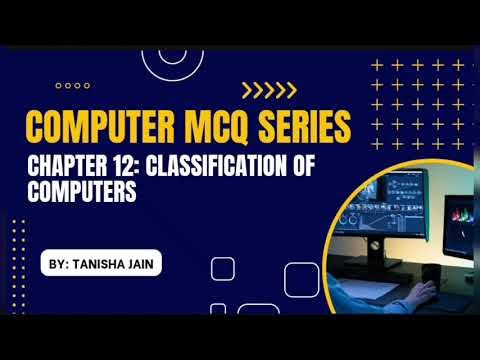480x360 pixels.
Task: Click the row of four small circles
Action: tap(73, 86)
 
